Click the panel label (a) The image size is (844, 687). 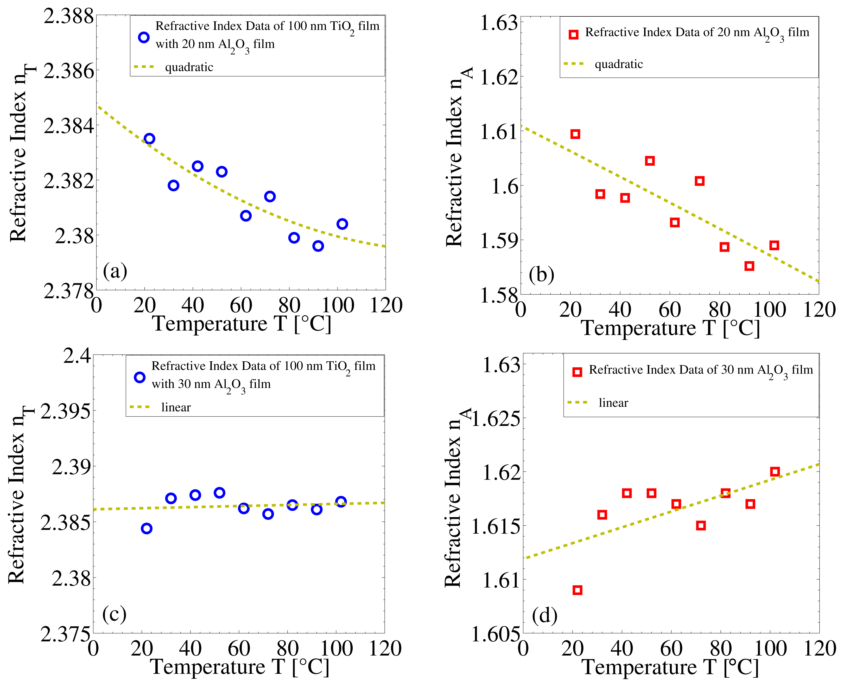[115, 272]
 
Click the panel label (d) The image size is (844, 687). [544, 616]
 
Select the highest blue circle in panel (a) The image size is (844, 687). [149, 138]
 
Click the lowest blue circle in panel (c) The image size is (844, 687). [147, 528]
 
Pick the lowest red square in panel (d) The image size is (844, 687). [577, 590]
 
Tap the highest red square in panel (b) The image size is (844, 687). [575, 134]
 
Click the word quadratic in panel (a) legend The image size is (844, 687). [189, 67]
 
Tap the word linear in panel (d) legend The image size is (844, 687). [613, 403]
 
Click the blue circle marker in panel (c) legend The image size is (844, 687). [139, 377]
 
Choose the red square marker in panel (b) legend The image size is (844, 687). [573, 34]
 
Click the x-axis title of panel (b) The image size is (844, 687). [670, 328]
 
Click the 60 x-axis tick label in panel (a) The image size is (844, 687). [241, 305]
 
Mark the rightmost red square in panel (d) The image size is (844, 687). [775, 471]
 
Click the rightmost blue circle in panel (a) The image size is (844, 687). [342, 224]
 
